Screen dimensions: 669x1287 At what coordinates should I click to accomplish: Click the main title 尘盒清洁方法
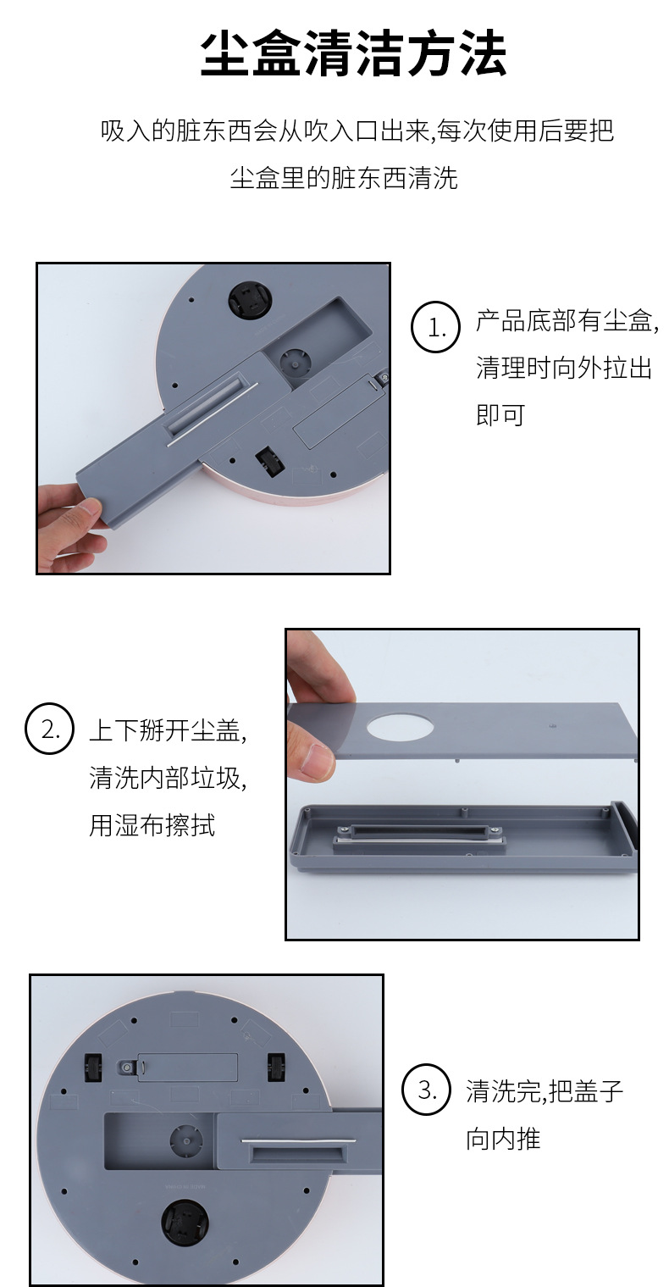coord(352,54)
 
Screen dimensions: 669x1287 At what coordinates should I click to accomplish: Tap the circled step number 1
coord(436,326)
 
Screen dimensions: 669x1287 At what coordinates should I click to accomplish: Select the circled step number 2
coord(49,728)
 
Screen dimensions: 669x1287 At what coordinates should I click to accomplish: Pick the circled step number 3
coord(425,1090)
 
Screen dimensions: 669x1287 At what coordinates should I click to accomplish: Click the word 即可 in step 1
coord(500,415)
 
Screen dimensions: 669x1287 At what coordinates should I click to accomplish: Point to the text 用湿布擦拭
coord(152,825)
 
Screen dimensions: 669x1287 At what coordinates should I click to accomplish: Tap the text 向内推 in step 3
coord(503,1138)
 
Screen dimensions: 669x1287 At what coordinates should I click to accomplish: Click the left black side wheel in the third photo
coord(93,1067)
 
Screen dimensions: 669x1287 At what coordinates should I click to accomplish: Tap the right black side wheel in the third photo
coord(275,1067)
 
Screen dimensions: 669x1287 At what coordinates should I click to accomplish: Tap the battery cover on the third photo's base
coord(187,1067)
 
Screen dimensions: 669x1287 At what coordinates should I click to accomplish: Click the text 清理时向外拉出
coord(563,368)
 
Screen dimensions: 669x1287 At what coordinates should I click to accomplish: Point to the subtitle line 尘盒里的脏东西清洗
coord(344,178)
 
